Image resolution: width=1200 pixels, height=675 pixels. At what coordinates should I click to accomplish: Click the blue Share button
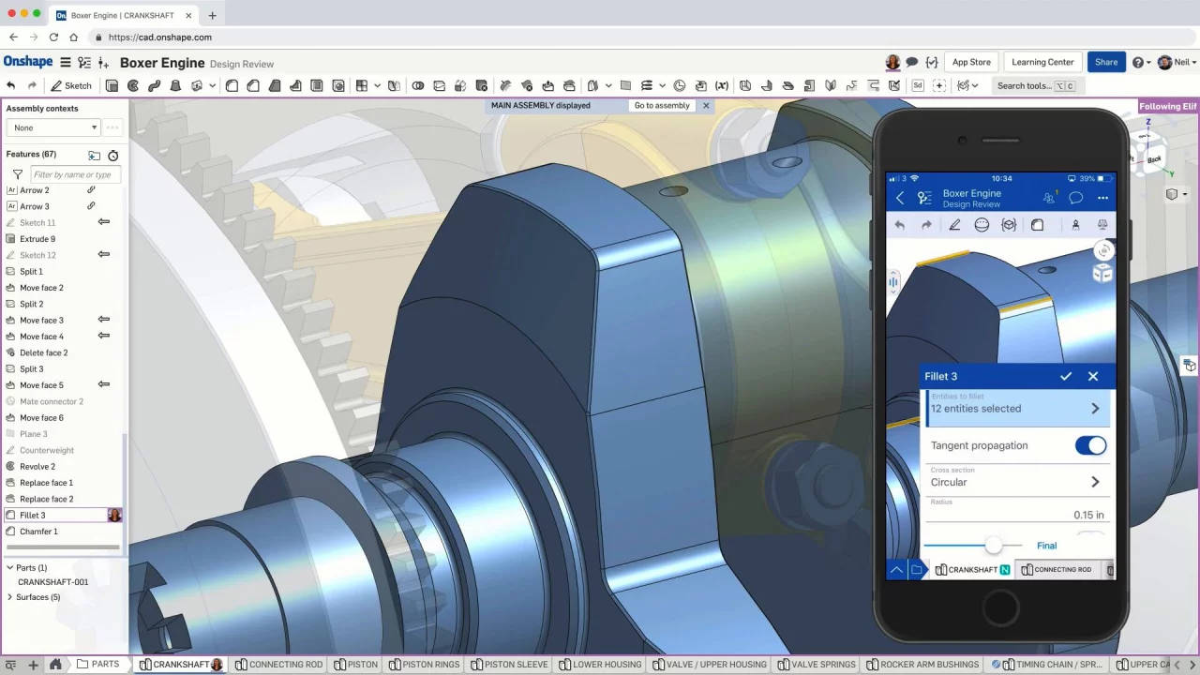click(x=1106, y=62)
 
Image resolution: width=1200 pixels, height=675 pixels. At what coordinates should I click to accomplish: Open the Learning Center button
click(x=1042, y=62)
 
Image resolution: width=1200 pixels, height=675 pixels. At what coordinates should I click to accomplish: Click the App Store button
click(x=971, y=62)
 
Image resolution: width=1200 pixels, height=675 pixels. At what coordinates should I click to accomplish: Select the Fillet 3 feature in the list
click(x=33, y=515)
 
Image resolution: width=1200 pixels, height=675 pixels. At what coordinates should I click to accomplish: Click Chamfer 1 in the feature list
click(x=38, y=532)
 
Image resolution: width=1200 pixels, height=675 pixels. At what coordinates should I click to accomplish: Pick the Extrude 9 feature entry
click(x=37, y=239)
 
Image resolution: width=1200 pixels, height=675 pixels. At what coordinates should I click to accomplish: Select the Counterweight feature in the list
click(x=47, y=450)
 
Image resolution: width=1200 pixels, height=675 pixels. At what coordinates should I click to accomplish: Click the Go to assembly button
click(x=662, y=106)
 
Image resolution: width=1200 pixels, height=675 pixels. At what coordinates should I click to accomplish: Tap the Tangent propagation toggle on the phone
click(x=1090, y=445)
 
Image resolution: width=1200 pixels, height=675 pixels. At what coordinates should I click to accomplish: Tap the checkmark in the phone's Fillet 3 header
click(x=1066, y=376)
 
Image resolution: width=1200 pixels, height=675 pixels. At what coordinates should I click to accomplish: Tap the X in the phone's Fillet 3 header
click(x=1093, y=376)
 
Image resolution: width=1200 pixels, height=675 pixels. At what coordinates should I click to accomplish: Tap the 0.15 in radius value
click(x=1088, y=515)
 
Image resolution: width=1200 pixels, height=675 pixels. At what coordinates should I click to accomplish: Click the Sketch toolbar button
click(x=71, y=85)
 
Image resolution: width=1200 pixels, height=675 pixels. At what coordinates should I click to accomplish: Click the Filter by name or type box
click(x=75, y=174)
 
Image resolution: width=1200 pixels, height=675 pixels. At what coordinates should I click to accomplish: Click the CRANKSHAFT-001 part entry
click(x=52, y=582)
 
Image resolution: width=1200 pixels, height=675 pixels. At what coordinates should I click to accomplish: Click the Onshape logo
click(x=28, y=62)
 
